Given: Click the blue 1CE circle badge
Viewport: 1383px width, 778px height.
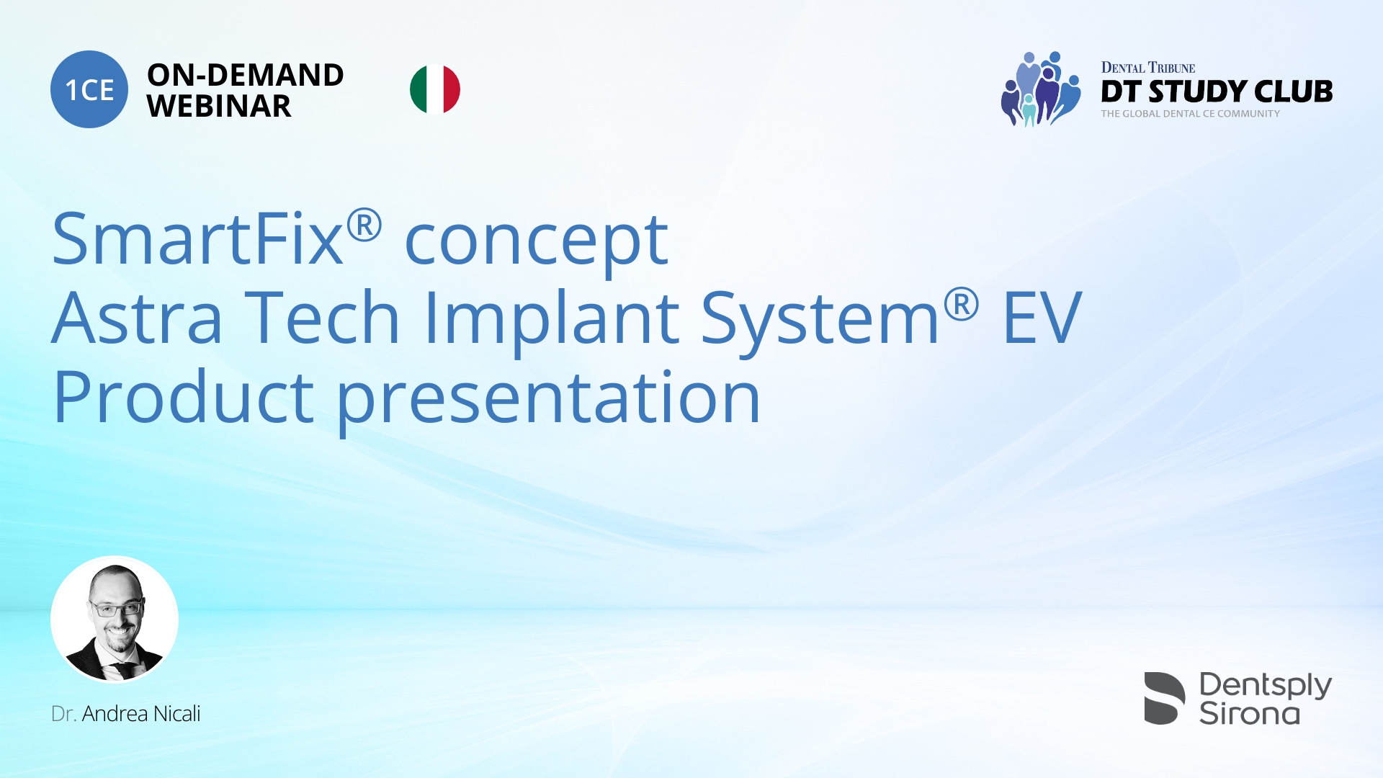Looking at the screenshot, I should click(89, 89).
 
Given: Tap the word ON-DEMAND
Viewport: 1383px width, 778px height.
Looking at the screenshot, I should click(245, 75).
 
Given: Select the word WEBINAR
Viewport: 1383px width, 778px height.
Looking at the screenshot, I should click(219, 107).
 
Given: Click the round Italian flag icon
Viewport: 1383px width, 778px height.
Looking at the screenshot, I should click(435, 89).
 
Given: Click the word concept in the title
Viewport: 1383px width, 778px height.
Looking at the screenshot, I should click(537, 242).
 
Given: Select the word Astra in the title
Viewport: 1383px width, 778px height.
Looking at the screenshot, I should click(137, 318).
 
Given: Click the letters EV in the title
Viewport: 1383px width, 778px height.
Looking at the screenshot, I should click(1042, 318).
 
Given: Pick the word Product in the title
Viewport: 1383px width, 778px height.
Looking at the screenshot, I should click(183, 398).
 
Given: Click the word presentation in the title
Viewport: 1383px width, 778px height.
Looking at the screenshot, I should click(549, 399).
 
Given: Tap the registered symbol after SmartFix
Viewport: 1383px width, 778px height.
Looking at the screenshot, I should click(364, 225).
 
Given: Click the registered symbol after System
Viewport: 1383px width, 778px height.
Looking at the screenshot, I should click(961, 304).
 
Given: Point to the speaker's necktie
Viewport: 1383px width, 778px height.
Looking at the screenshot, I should click(124, 670).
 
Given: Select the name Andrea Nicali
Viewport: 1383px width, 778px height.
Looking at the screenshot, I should click(141, 714).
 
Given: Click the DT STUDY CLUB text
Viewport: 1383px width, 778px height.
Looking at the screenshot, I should click(1217, 91).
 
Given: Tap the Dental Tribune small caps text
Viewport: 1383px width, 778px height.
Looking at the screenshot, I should click(1147, 68).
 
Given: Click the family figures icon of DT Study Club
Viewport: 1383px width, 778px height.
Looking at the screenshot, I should click(1040, 89).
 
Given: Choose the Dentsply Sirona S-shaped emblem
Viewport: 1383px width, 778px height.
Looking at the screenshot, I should click(1164, 698).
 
